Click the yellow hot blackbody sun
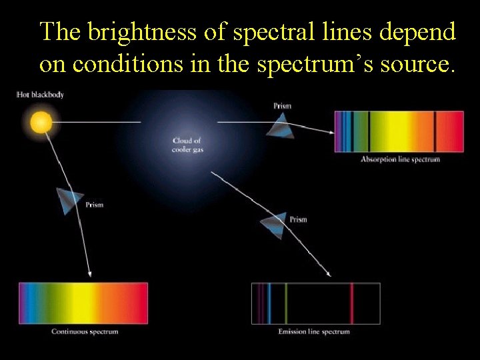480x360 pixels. pyautogui.click(x=41, y=123)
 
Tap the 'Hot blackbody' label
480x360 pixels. pyautogui.click(x=40, y=95)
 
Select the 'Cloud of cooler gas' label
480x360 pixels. pyautogui.click(x=187, y=145)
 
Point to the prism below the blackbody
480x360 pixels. pyautogui.click(x=69, y=200)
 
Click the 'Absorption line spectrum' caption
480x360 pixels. pyautogui.click(x=400, y=159)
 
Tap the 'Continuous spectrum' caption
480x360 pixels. pyautogui.click(x=85, y=331)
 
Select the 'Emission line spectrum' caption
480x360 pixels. pyautogui.click(x=314, y=331)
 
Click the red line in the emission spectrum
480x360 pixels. pyautogui.click(x=351, y=303)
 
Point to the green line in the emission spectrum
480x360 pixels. pyautogui.click(x=286, y=303)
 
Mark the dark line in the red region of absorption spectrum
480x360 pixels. pyautogui.click(x=435, y=131)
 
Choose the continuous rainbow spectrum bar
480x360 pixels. pyautogui.click(x=83, y=303)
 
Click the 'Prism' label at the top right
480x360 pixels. pyautogui.click(x=282, y=106)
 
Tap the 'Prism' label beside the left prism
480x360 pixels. pyautogui.click(x=95, y=205)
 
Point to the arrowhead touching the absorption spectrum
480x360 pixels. pyautogui.click(x=331, y=133)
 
